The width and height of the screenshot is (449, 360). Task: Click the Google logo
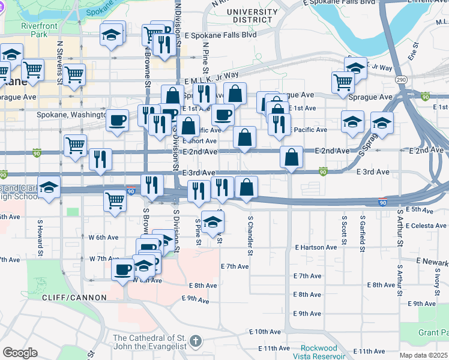pyautogui.click(x=20, y=353)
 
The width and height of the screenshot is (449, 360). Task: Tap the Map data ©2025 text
pyautogui.click(x=423, y=355)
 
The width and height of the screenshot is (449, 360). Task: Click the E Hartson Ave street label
pyautogui.click(x=316, y=247)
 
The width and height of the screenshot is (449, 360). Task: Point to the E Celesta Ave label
pyautogui.click(x=427, y=226)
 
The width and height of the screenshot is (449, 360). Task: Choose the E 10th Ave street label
pyautogui.click(x=266, y=331)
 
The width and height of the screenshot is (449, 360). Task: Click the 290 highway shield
pyautogui.click(x=402, y=79)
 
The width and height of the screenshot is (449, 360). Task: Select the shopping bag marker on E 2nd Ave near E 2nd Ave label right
pyautogui.click(x=291, y=157)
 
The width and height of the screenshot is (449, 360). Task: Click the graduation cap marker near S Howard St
pyautogui.click(x=49, y=186)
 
